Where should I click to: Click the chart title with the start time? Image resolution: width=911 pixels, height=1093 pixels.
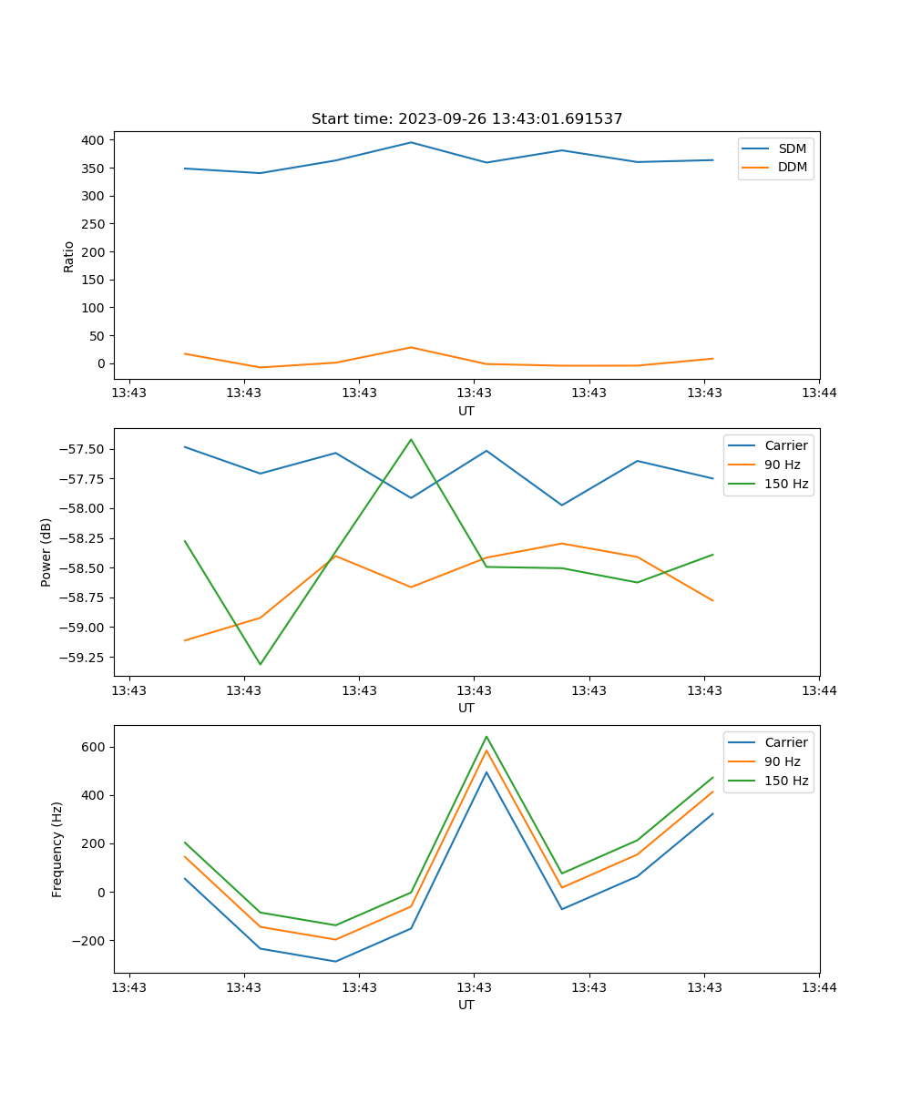(466, 119)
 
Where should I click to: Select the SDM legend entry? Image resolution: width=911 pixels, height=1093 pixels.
(792, 148)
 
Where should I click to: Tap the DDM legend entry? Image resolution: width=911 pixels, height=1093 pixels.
(792, 167)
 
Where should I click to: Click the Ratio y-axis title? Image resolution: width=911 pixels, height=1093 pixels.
(69, 256)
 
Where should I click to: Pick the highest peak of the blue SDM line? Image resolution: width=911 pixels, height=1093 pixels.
(411, 142)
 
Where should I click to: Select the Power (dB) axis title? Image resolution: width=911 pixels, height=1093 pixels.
(46, 552)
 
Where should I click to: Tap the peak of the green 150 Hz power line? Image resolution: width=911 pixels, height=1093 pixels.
(411, 440)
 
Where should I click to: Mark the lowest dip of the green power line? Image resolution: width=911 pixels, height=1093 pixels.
(261, 664)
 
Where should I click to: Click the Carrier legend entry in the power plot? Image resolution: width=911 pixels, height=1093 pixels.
(785, 445)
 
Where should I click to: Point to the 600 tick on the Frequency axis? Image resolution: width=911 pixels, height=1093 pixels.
(94, 747)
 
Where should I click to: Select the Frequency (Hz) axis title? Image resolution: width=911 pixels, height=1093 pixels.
(57, 849)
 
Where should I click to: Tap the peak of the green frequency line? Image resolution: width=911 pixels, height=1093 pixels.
(486, 737)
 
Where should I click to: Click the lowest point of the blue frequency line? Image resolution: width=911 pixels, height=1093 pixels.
(335, 961)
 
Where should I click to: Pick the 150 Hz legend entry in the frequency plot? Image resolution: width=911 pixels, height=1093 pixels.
(788, 781)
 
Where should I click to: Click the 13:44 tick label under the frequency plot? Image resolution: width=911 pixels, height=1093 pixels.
(818, 987)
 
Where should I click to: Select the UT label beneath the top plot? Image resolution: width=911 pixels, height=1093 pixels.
(466, 411)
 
